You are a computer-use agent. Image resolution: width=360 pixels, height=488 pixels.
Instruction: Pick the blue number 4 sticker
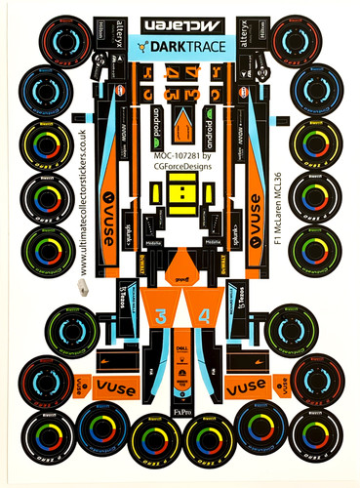click(x=202, y=317)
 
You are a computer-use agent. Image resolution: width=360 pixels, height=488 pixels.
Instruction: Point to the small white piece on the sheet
click(x=83, y=287)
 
